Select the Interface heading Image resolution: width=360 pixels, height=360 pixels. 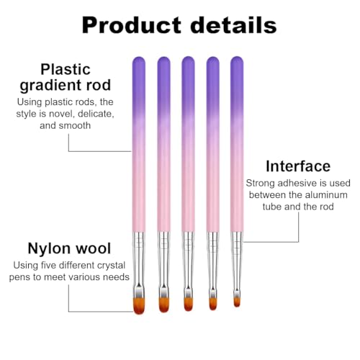pyautogui.click(x=297, y=166)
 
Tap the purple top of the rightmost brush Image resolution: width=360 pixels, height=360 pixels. pyautogui.click(x=236, y=68)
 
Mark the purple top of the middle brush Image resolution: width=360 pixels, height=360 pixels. pyautogui.click(x=188, y=68)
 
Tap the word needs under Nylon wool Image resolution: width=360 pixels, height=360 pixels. pyautogui.click(x=115, y=276)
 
